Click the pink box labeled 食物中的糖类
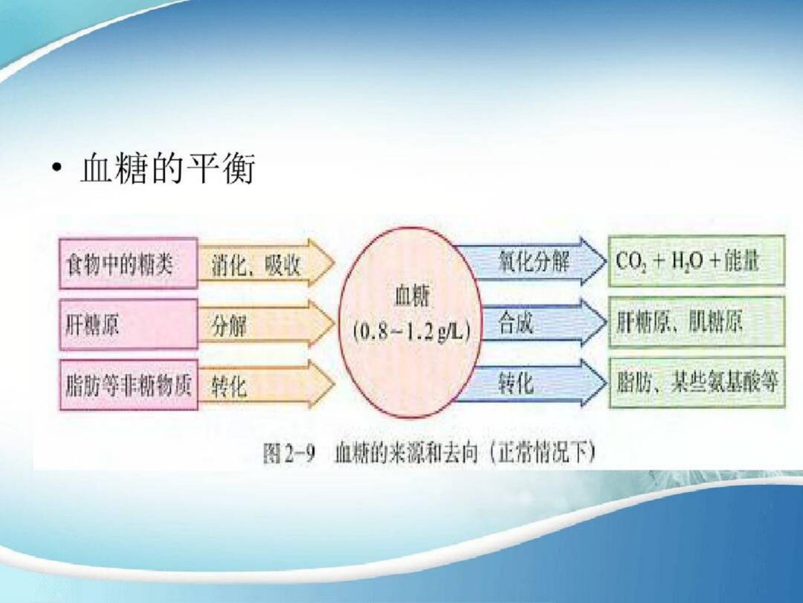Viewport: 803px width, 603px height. (x=128, y=264)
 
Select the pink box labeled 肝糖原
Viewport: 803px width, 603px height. (x=128, y=325)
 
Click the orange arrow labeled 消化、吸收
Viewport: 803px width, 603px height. (x=266, y=264)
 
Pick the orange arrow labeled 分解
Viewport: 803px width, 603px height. (x=266, y=325)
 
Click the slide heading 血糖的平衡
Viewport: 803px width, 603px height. (x=167, y=169)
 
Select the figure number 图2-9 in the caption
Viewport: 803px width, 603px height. (x=289, y=454)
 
